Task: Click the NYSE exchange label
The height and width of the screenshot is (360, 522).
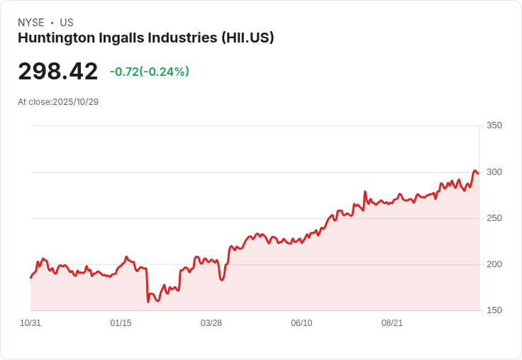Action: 30,23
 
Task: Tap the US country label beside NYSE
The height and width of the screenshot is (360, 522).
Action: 67,23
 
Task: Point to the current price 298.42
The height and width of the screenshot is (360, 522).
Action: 58,72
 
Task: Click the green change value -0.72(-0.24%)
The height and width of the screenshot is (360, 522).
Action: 149,72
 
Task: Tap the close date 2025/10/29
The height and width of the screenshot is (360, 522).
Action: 75,102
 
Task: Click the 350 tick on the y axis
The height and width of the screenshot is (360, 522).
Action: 494,125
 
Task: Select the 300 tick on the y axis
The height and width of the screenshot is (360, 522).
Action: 494,172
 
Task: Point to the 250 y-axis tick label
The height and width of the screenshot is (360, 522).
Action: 494,218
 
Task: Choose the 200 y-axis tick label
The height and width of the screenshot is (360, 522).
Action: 494,264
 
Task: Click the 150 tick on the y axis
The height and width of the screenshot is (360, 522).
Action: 494,310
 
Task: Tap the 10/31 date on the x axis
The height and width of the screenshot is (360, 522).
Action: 30,323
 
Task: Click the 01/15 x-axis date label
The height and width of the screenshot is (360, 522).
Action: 121,323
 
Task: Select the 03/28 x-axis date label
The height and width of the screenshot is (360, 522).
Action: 211,323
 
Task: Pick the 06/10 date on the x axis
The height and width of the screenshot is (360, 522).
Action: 301,323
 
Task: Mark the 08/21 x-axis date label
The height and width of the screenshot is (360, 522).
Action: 392,323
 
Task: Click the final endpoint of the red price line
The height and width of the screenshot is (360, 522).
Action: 478,173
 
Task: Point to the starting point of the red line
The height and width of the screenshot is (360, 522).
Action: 30,277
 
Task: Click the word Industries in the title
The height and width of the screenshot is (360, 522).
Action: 182,38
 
